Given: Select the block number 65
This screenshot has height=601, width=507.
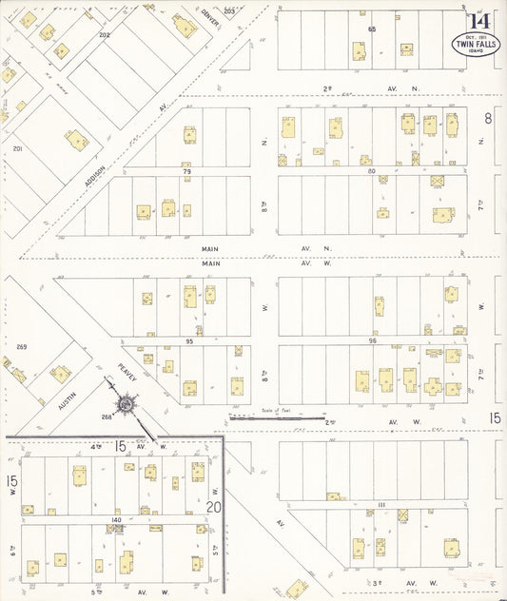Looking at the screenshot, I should click(x=373, y=29).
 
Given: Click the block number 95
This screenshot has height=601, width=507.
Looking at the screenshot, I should click(x=189, y=340).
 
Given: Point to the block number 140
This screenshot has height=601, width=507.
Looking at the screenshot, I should click(x=116, y=520).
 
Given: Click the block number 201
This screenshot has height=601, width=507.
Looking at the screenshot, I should click(x=16, y=149).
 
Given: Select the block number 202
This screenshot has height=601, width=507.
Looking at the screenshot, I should click(x=104, y=35).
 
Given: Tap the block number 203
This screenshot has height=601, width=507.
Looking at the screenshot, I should click(x=229, y=11).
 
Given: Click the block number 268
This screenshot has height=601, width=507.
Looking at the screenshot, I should click(x=107, y=416).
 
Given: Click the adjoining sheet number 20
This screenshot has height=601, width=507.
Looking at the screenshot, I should click(x=215, y=507).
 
